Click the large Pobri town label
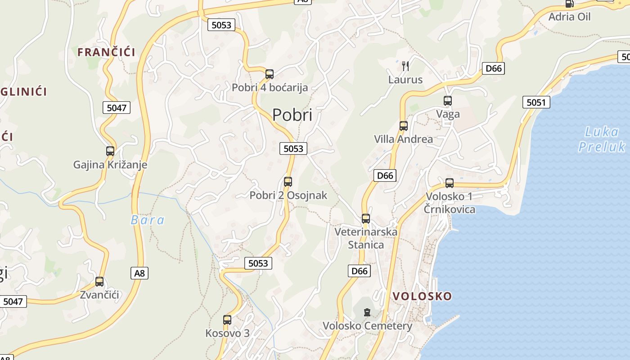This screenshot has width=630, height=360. (x=292, y=115)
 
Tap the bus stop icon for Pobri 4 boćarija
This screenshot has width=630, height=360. (x=270, y=74)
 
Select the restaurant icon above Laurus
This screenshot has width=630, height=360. (x=405, y=66)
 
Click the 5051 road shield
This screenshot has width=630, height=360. (x=536, y=102)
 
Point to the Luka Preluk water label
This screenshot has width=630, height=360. (x=602, y=139)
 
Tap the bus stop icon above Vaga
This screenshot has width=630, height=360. (x=448, y=100)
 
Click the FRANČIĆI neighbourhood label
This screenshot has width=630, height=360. (x=106, y=52)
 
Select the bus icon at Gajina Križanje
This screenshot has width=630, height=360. (x=110, y=151)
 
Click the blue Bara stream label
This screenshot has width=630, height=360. (x=148, y=220)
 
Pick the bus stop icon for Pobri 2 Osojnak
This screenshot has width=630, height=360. (x=288, y=182)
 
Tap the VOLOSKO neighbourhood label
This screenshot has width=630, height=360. (x=422, y=296)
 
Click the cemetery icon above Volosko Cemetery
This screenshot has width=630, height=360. (x=367, y=312)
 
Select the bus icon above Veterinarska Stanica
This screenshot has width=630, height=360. (x=366, y=219)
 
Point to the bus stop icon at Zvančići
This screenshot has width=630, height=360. (x=99, y=282)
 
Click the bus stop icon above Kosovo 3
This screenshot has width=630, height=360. (x=227, y=320)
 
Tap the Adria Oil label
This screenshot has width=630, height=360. (x=569, y=17)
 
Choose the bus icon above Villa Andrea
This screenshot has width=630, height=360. (x=404, y=126)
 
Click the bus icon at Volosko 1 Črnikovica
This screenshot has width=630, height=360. (x=450, y=183)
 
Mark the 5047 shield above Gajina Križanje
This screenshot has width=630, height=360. (x=116, y=108)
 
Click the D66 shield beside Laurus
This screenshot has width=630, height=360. (x=493, y=68)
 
